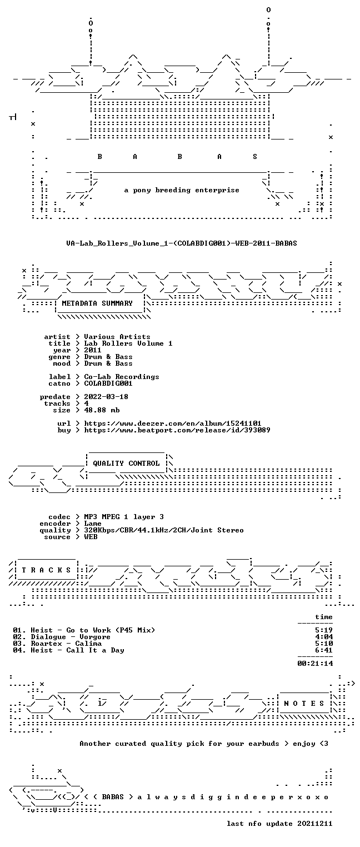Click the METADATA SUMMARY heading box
point(97,303)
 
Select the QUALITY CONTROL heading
point(126,463)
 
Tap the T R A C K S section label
point(47,570)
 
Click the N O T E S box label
point(304,703)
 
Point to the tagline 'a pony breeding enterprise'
point(182,190)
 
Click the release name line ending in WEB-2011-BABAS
point(182,243)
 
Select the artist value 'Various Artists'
point(117,337)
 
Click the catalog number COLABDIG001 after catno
point(108,383)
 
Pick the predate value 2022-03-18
point(106,397)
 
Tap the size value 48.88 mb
point(102,410)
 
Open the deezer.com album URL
point(172,423)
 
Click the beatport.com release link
point(177,430)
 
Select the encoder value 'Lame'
point(93,524)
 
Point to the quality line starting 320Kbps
point(164,530)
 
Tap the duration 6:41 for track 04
point(324,650)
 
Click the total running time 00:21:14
point(315,663)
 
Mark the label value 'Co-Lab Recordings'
point(121,377)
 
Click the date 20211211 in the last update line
point(315,824)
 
